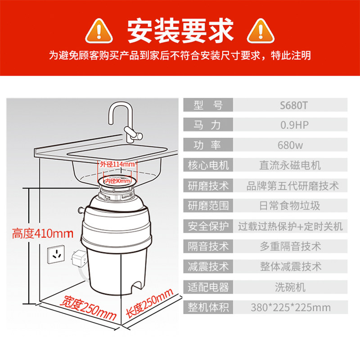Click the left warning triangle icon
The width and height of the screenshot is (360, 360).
pyautogui.click(x=99, y=31)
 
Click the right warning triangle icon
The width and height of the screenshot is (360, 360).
pyautogui.click(x=261, y=31)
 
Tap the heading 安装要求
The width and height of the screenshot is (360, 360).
pyautogui.click(x=180, y=31)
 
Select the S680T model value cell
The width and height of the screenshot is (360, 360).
pyautogui.click(x=290, y=105)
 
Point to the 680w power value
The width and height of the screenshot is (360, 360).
pyautogui.click(x=290, y=145)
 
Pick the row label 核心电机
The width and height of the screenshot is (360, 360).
pyautogui.click(x=208, y=165)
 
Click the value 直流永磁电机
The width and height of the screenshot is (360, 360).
pyautogui.click(x=290, y=165)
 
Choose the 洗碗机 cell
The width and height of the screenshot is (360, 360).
pyautogui.click(x=290, y=287)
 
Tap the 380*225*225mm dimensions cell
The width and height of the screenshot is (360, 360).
pyautogui.click(x=290, y=307)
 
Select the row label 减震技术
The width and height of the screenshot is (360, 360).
pyautogui.click(x=208, y=266)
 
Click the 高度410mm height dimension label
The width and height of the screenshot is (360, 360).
pyautogui.click(x=43, y=234)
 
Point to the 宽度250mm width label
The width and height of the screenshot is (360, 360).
pyautogui.click(x=88, y=308)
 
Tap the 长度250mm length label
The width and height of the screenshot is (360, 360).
pyautogui.click(x=149, y=303)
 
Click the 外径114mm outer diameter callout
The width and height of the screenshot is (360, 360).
pyautogui.click(x=117, y=164)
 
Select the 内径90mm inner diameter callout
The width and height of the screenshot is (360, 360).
pyautogui.click(x=117, y=181)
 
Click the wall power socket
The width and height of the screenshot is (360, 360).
pyautogui.click(x=56, y=254)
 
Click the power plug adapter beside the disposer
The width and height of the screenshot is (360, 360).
pyautogui.click(x=79, y=257)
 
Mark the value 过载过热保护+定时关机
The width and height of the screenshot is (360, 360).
pyautogui.click(x=290, y=226)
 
